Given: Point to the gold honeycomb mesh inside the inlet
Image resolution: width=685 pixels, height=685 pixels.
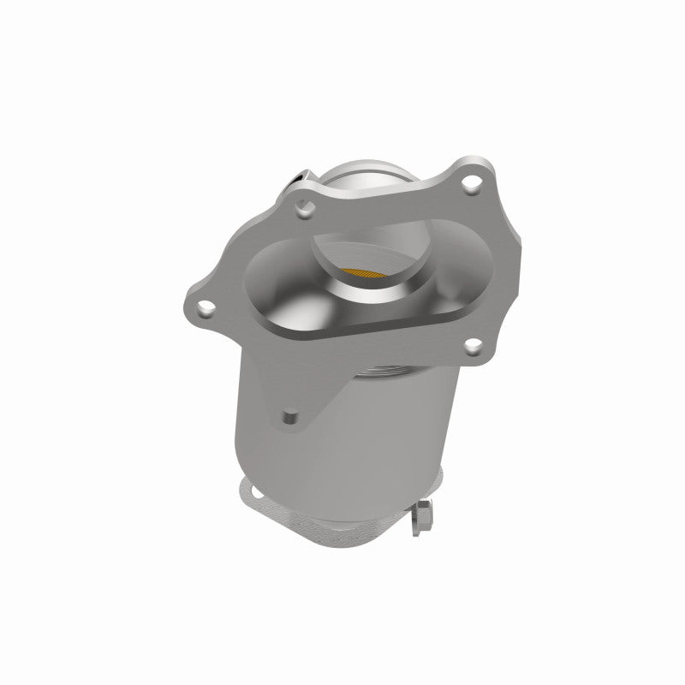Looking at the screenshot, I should (367, 272).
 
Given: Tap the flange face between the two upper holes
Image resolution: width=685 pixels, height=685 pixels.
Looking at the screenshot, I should (385, 193).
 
